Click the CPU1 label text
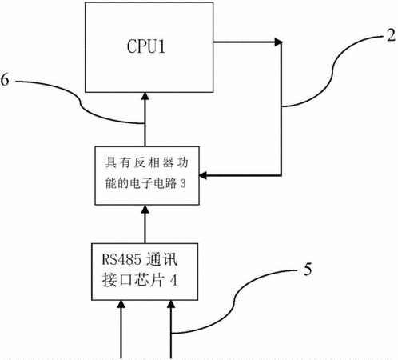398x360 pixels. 146,46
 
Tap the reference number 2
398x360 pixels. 391,34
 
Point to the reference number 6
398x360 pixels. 5,79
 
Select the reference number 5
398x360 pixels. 308,269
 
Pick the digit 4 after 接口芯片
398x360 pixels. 173,280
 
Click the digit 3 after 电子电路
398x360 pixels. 183,183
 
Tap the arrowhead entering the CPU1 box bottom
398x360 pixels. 145,96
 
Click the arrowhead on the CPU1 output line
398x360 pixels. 278,42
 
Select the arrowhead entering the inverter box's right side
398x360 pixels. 203,175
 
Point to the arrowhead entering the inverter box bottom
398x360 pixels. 145,209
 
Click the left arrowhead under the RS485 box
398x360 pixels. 121,304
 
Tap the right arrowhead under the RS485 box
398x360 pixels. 171,304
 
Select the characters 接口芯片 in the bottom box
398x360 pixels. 133,280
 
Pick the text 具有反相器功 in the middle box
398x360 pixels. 146,162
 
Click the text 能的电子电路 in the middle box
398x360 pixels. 141,183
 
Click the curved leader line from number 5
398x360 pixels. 234,302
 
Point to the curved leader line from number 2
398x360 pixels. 332,71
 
